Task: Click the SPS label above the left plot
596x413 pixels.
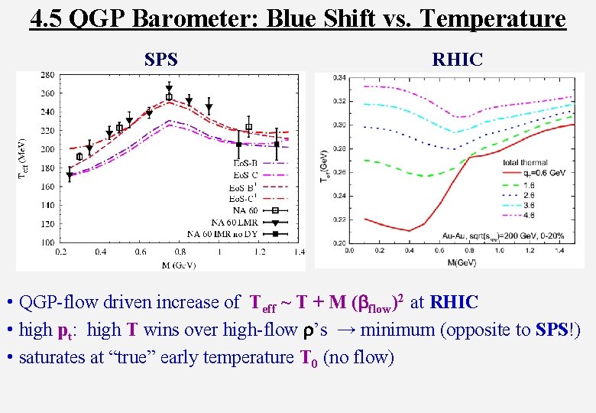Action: tap(160, 59)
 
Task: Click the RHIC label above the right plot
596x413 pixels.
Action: tap(457, 59)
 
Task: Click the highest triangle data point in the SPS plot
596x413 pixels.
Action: tap(169, 89)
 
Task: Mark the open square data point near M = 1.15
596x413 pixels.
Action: tap(248, 127)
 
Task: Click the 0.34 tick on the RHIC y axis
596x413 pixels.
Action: tap(338, 76)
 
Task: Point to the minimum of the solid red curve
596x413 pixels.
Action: tap(410, 230)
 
